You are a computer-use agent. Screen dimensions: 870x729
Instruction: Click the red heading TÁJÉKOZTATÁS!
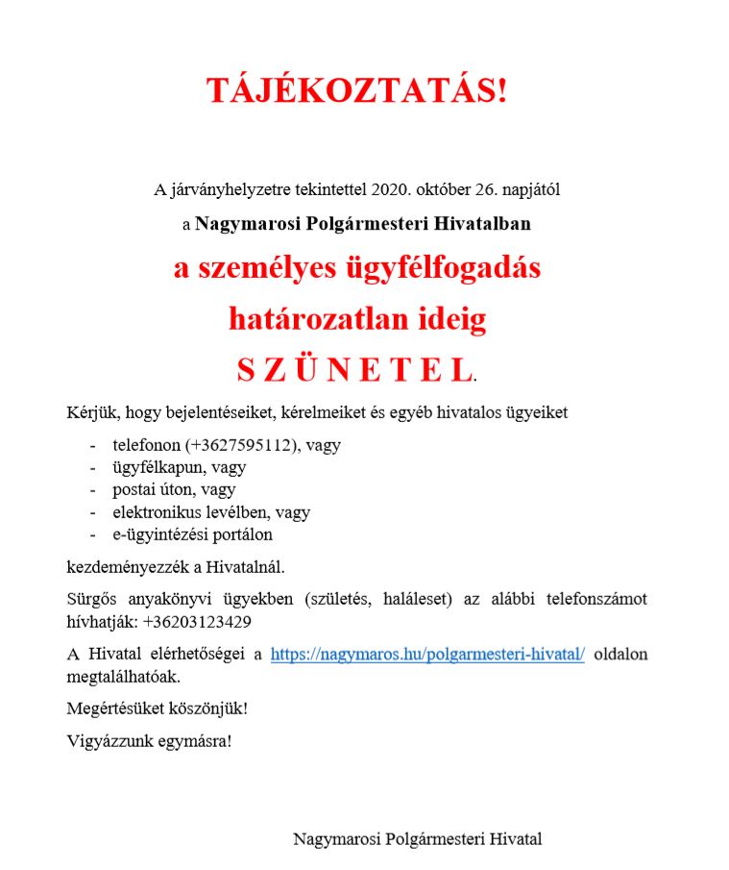pos(356,90)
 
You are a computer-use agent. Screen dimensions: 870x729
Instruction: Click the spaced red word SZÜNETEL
pos(354,369)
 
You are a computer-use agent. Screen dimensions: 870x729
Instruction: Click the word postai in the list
pos(134,490)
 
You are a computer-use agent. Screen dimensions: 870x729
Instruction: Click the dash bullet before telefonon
pos(92,446)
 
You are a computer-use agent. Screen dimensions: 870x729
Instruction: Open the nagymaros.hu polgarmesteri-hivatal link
pos(427,655)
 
